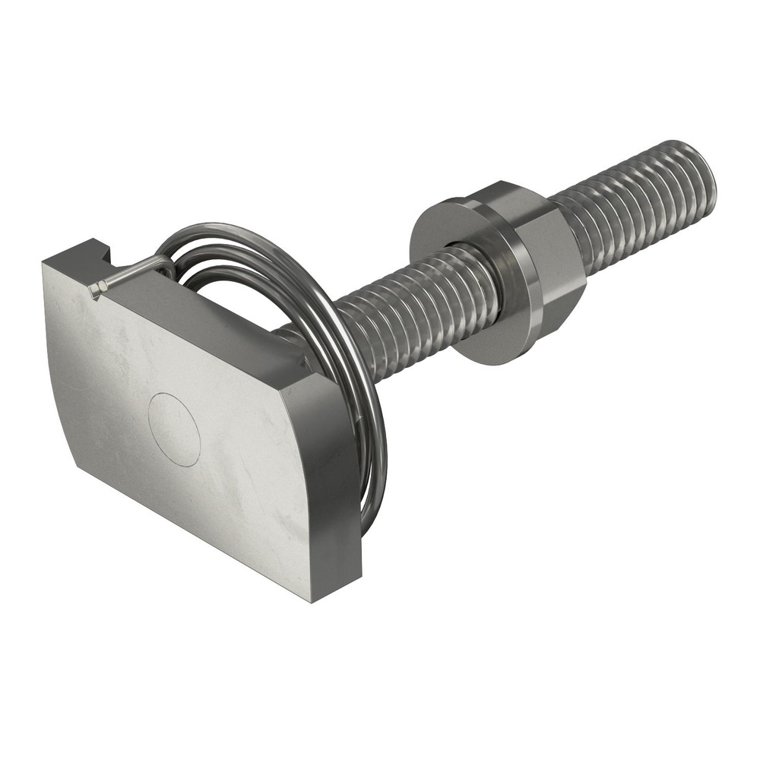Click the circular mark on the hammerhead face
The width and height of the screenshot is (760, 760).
(x=174, y=429)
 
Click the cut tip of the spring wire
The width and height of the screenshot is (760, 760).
(x=93, y=290)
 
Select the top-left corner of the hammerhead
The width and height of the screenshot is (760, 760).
(x=45, y=263)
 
